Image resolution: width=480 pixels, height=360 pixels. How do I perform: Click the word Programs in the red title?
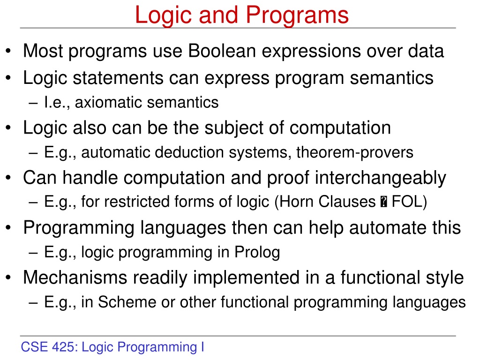point(297,16)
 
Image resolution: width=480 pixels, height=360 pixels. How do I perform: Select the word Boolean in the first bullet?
point(222,51)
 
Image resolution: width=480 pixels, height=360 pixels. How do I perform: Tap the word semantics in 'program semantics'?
point(391,78)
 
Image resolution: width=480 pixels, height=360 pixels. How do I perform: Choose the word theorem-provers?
point(355,152)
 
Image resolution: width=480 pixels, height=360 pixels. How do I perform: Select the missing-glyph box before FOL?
point(383,202)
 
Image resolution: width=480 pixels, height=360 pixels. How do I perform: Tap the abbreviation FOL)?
point(409,202)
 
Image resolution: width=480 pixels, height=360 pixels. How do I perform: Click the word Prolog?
point(257,253)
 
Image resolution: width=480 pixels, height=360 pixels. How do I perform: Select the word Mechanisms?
point(75,277)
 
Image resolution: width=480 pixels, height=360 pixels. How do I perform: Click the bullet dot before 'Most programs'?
point(8,52)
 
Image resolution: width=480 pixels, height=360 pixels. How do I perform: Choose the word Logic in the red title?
point(163,16)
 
